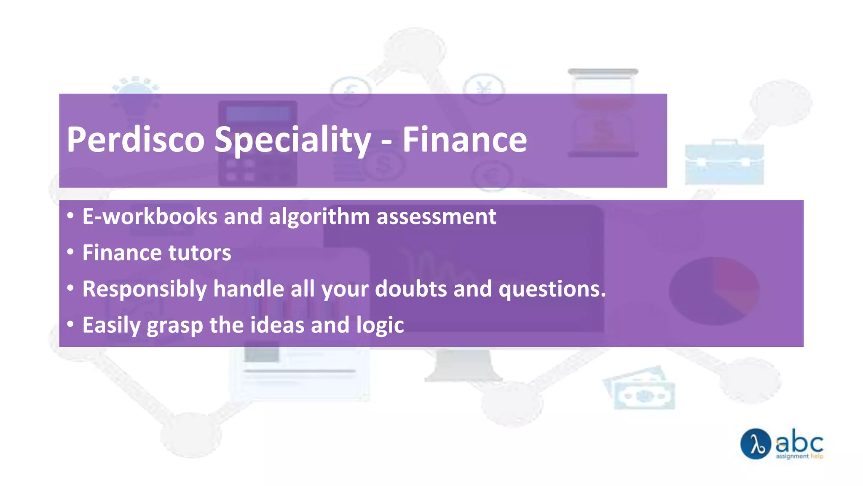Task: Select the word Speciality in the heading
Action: [x=292, y=140]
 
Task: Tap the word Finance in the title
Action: [x=464, y=140]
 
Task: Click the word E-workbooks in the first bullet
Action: [x=150, y=217]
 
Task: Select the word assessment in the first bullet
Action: [x=436, y=217]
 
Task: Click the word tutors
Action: [x=200, y=253]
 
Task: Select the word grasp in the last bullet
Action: [x=174, y=326]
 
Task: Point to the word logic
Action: [x=380, y=326]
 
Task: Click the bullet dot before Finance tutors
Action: [x=70, y=252]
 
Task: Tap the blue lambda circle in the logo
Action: [x=756, y=444]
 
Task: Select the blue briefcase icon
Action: [x=724, y=163]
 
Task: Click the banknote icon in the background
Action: [x=641, y=390]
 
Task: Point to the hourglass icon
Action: [x=603, y=113]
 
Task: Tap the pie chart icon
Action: [x=714, y=291]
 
